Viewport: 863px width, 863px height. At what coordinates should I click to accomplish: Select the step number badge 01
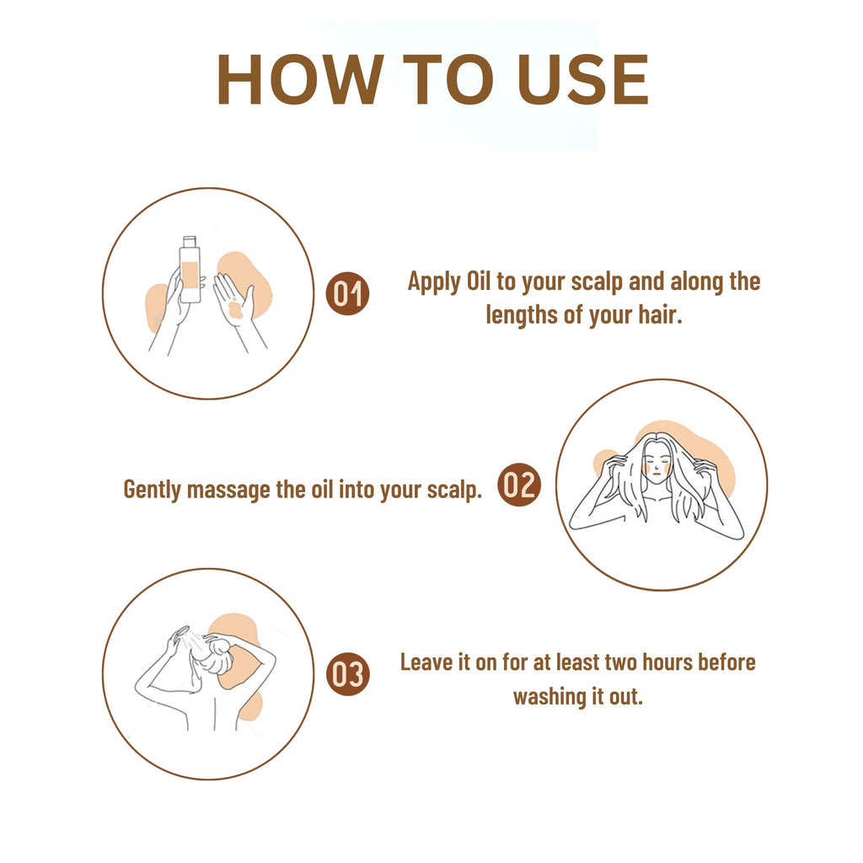pyautogui.click(x=347, y=294)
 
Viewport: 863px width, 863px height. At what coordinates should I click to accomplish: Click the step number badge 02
pyautogui.click(x=518, y=486)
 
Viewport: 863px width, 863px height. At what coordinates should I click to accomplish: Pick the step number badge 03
pyautogui.click(x=347, y=675)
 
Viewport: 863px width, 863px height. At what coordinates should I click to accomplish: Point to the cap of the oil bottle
pyautogui.click(x=190, y=243)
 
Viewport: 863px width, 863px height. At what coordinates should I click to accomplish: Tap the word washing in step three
pyautogui.click(x=547, y=698)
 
